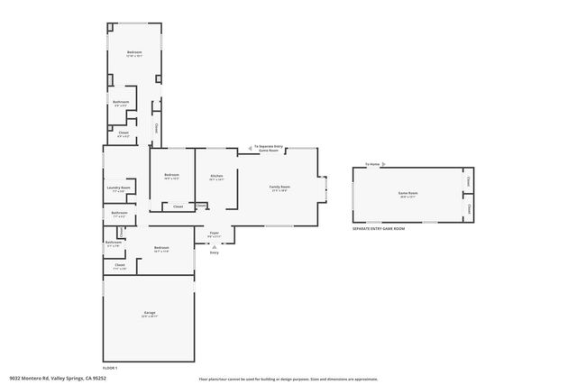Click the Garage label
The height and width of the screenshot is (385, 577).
[x=150, y=314]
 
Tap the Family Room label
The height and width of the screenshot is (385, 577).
[x=279, y=188]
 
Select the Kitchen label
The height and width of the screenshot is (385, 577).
[x=216, y=177]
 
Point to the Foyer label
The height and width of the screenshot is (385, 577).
[x=215, y=234]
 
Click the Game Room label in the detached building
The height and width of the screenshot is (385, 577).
[x=408, y=193]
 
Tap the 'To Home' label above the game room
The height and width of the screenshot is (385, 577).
[x=372, y=164]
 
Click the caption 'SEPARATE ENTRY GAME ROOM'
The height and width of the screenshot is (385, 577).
[x=379, y=229]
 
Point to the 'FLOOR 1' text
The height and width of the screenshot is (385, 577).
[x=110, y=368]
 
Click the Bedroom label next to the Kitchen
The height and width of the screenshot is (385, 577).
[x=171, y=176]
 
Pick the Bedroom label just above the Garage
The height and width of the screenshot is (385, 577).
[x=161, y=248]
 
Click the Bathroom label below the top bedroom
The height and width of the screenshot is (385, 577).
[x=121, y=103]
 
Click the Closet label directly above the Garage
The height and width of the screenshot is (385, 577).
[x=119, y=265]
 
